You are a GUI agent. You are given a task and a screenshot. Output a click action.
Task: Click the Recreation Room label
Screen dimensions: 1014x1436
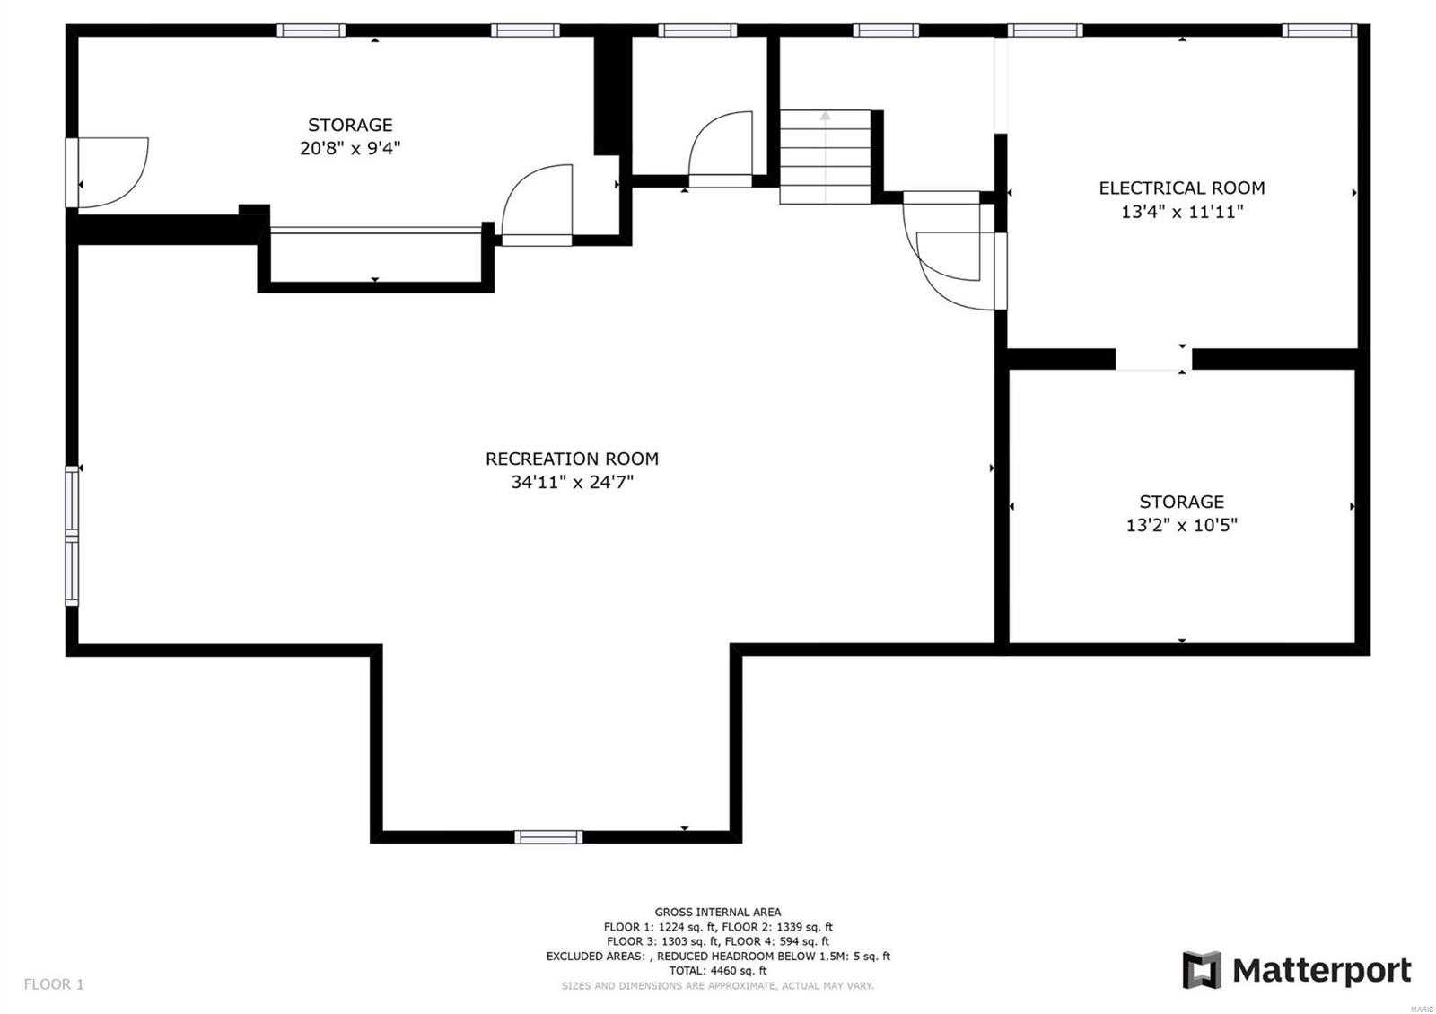(572, 459)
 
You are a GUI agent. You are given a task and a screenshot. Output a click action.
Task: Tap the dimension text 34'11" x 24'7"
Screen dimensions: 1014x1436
(572, 482)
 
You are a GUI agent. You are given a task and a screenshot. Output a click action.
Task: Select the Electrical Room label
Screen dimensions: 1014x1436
(1181, 188)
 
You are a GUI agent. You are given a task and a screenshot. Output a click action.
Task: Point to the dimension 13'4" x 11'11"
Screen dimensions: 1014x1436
(1181, 212)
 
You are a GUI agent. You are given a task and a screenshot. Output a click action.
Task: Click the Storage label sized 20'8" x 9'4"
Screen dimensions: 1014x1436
(350, 125)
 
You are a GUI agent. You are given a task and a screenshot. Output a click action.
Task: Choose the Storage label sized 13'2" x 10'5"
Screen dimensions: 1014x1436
(1181, 502)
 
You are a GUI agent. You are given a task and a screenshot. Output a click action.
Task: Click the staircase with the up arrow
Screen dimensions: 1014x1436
(825, 156)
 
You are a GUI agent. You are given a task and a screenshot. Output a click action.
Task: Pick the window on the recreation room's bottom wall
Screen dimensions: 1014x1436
(548, 837)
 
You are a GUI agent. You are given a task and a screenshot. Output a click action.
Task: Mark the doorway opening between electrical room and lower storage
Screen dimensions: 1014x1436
(1153, 359)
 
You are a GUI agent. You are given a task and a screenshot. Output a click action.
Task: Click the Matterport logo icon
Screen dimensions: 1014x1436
(1202, 970)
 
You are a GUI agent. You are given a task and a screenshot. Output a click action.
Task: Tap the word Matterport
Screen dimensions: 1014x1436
(1321, 970)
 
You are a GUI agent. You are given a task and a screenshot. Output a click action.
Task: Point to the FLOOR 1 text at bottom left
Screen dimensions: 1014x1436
(54, 984)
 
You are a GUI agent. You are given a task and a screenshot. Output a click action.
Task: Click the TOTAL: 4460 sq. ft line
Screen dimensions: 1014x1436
(717, 970)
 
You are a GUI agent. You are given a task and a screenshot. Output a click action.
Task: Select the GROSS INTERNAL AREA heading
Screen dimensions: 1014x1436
(717, 912)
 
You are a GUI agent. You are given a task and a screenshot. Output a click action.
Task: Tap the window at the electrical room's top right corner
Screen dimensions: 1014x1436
(1318, 31)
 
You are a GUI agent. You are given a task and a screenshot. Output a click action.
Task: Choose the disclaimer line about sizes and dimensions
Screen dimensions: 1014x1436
(717, 985)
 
